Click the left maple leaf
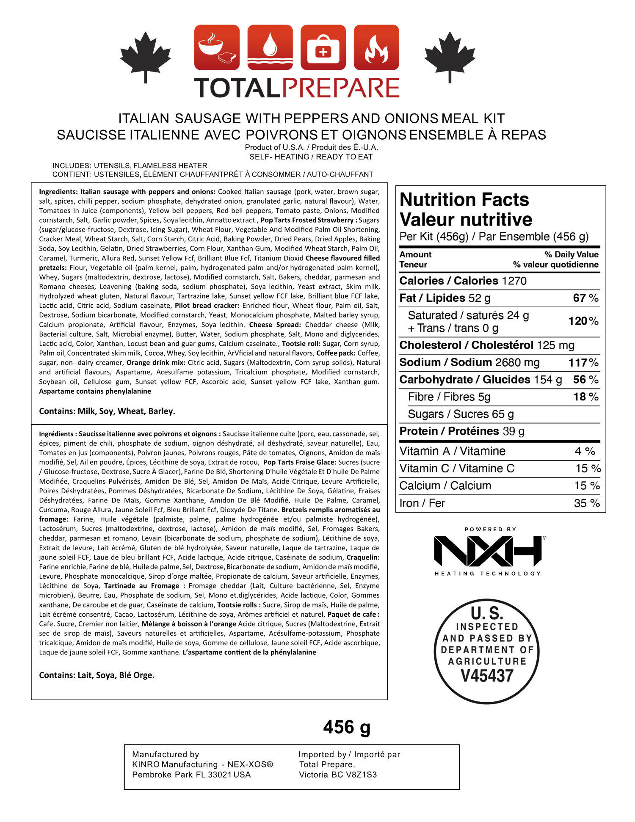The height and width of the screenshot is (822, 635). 146,55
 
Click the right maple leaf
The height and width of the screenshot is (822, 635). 450,55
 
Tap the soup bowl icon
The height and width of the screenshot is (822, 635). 217,47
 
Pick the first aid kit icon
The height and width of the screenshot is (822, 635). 323,47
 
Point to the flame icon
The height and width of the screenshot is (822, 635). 376,47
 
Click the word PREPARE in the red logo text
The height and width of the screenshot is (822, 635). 341,88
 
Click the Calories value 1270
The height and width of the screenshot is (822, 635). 514,281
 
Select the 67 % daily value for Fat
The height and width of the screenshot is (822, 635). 585,298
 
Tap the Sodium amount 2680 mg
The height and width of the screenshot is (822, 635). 517,363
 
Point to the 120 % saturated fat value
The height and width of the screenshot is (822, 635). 583,321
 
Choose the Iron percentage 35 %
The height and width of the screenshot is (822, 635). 587,503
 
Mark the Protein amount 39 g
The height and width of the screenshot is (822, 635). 514,431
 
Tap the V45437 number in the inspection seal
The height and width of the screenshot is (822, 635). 487,676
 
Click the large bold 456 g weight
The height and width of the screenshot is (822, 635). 347,727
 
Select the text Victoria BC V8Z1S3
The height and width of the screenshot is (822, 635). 338,775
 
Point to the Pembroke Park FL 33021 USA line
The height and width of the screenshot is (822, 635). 191,775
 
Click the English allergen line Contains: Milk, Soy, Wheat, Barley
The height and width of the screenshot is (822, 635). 107,411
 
